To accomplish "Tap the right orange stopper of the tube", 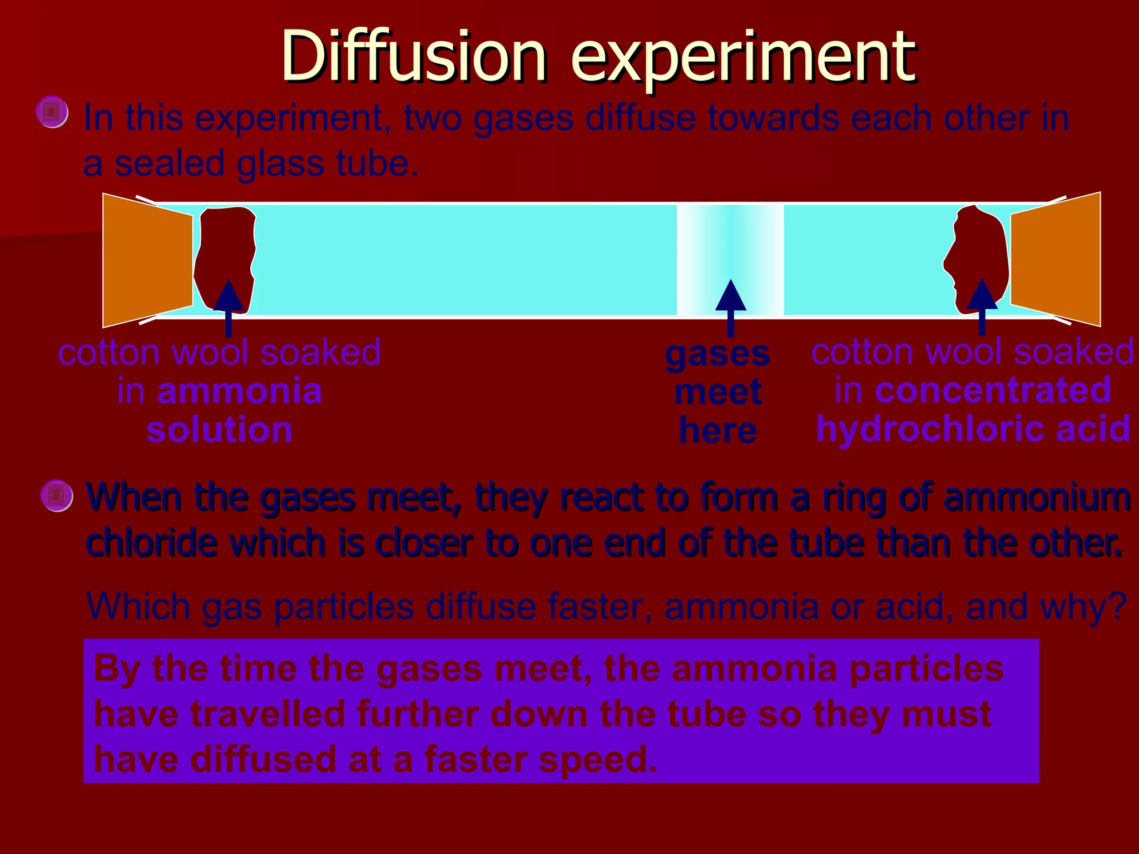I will point(1056,260).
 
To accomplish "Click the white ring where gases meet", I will point(730,245).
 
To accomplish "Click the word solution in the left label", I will point(219,430).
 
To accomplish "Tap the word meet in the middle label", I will point(717,393).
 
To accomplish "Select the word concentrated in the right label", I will point(993,390).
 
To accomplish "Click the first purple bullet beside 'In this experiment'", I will point(52,112).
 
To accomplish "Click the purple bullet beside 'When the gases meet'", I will point(56,495).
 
